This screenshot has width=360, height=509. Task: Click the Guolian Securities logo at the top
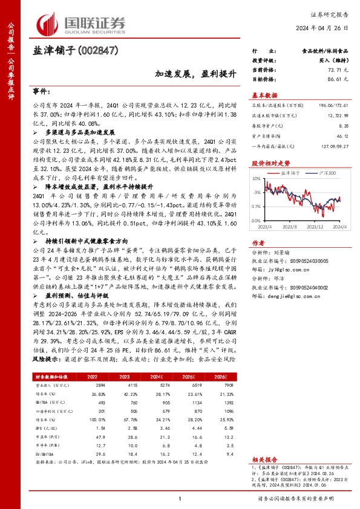pos(82,23)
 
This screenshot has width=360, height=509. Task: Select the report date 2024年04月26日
pos(322,28)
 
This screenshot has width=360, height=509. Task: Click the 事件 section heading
pos(41,91)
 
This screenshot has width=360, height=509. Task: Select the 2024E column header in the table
pos(158,376)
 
